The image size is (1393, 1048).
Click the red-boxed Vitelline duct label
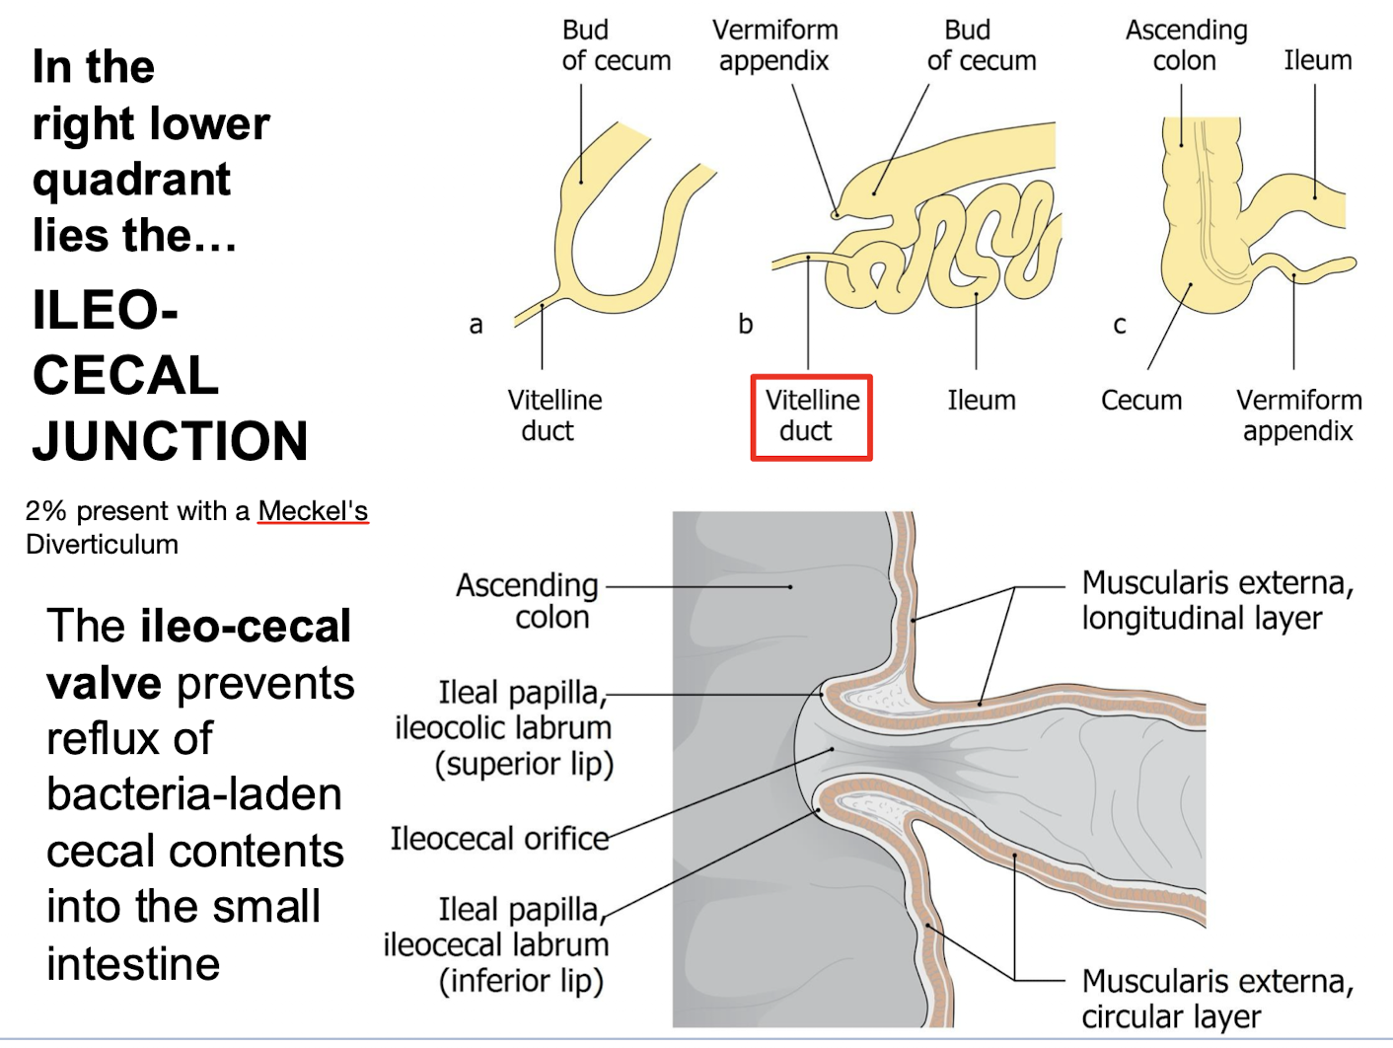[x=811, y=415]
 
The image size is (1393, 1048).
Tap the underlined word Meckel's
[x=313, y=511]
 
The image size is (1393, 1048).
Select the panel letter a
[x=476, y=325]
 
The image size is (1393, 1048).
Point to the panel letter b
[x=746, y=324]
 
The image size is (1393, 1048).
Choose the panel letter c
[x=1120, y=325]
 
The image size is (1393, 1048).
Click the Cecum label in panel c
[x=1140, y=401]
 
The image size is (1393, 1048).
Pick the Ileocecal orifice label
[x=499, y=839]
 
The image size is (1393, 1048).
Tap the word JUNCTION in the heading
[x=170, y=441]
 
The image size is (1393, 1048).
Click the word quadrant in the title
[x=131, y=180]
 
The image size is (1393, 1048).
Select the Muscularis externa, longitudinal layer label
[x=1216, y=600]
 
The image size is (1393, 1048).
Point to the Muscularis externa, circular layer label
[x=1216, y=998]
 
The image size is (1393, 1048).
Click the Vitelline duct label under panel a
[x=553, y=415]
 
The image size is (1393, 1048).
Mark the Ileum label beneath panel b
[x=981, y=401]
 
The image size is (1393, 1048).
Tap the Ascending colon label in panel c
[x=1186, y=45]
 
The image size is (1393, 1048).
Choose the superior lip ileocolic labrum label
[x=514, y=728]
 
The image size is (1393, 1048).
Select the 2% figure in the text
[x=45, y=511]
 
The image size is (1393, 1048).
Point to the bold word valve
[x=104, y=683]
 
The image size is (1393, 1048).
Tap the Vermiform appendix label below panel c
[x=1298, y=415]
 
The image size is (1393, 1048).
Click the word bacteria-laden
[x=194, y=794]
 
